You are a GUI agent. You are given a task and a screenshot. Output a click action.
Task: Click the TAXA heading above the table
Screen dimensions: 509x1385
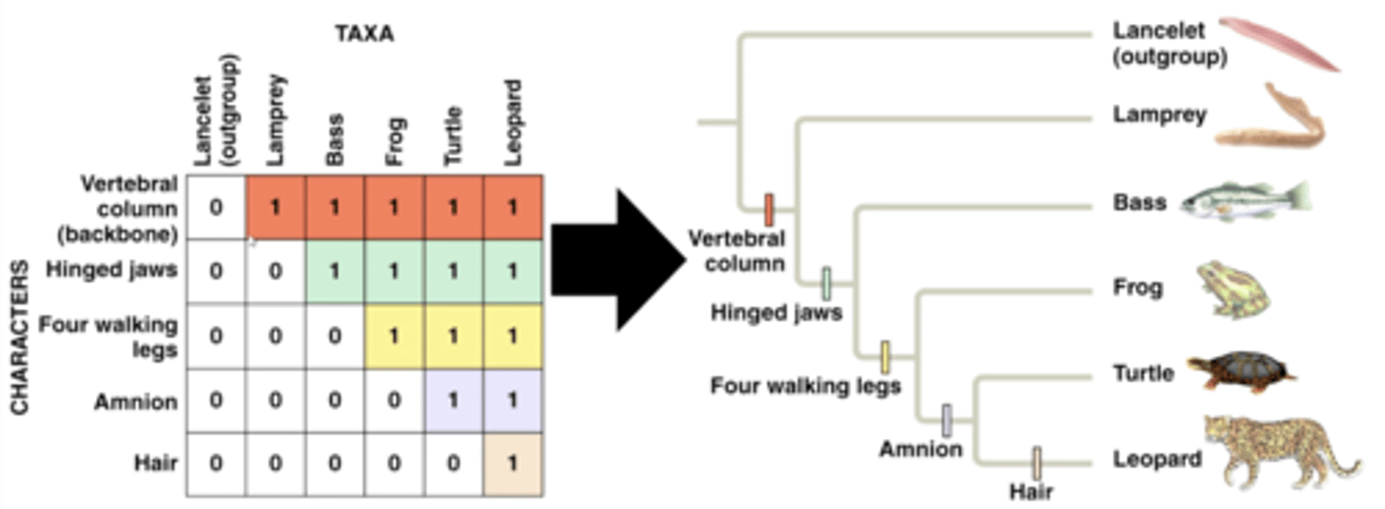[x=365, y=35]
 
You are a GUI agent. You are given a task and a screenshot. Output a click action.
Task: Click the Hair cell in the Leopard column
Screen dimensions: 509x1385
[x=513, y=463]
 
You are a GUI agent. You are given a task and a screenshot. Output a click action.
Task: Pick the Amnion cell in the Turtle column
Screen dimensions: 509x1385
[x=453, y=400]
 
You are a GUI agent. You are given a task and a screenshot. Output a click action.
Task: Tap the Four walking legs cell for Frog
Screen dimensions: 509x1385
[x=393, y=337]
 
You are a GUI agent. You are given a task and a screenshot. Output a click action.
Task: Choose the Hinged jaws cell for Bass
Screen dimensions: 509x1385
[x=335, y=271]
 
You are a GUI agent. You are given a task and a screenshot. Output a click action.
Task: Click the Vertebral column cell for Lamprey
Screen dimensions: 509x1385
[x=276, y=207]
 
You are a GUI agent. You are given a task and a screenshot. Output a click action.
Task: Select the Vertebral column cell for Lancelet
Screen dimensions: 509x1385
[x=216, y=207]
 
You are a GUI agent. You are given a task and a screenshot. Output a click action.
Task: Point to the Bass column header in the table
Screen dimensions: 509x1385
[x=335, y=140]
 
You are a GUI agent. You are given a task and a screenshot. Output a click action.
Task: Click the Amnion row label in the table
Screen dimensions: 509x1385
[x=136, y=401]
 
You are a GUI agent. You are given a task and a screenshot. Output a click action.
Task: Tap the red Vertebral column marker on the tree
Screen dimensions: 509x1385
[x=768, y=209]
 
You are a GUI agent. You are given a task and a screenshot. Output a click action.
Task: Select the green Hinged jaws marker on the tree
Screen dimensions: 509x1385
[x=826, y=283]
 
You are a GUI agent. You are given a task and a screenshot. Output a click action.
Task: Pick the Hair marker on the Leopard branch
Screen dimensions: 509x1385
[x=1037, y=462]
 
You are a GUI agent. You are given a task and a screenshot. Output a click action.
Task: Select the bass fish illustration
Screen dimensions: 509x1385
[x=1244, y=200]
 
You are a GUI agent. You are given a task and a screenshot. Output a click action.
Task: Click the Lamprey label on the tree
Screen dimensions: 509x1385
[x=1159, y=115]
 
